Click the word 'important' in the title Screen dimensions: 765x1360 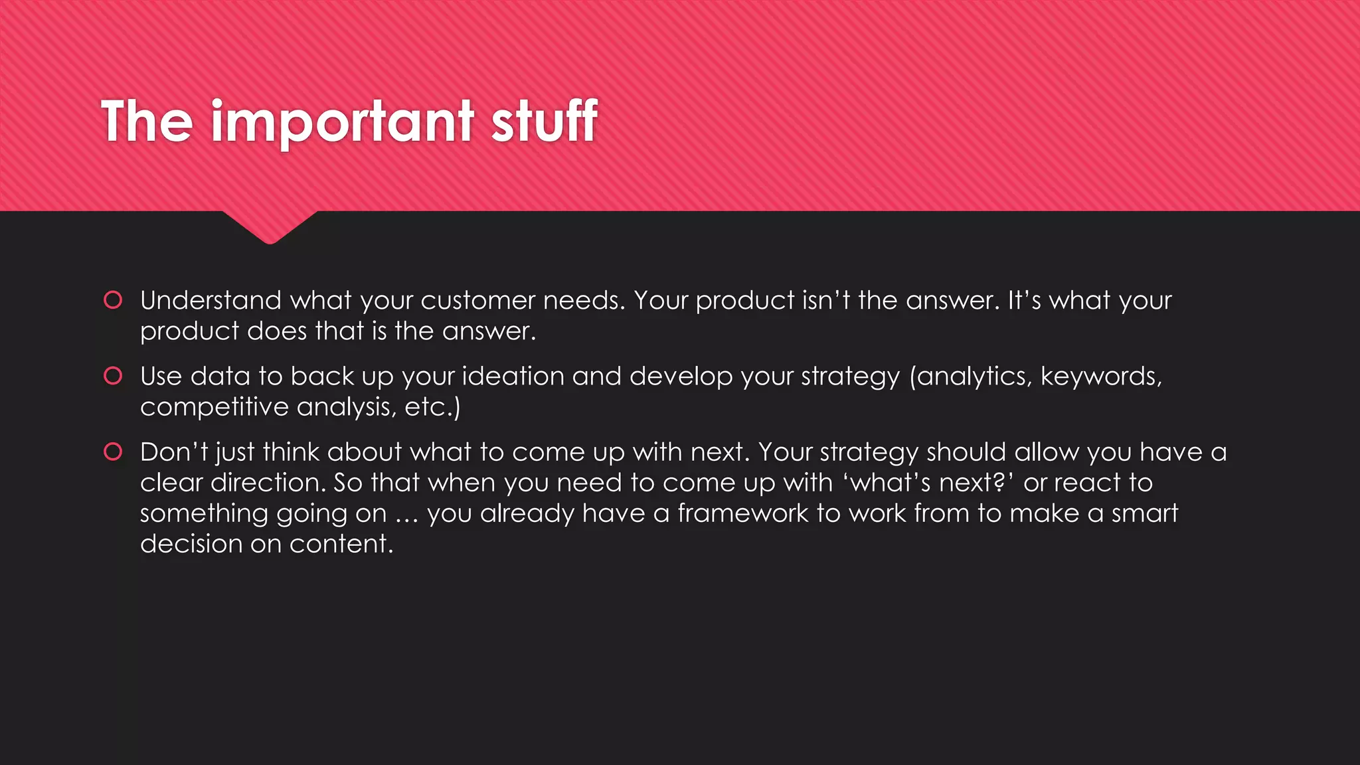[342, 122]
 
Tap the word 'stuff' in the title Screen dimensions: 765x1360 [544, 121]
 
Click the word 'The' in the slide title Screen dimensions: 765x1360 [147, 121]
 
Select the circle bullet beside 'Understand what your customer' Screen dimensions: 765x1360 [114, 300]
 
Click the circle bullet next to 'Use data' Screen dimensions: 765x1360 [114, 376]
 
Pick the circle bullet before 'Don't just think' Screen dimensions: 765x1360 [114, 452]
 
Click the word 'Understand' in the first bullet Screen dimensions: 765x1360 [211, 300]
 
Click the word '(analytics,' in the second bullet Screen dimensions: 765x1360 [970, 377]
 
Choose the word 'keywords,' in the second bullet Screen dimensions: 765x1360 [1101, 376]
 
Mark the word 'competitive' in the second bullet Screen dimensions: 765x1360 [214, 407]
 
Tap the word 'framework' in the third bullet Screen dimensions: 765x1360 [742, 513]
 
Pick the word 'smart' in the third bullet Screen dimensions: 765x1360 [1145, 513]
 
